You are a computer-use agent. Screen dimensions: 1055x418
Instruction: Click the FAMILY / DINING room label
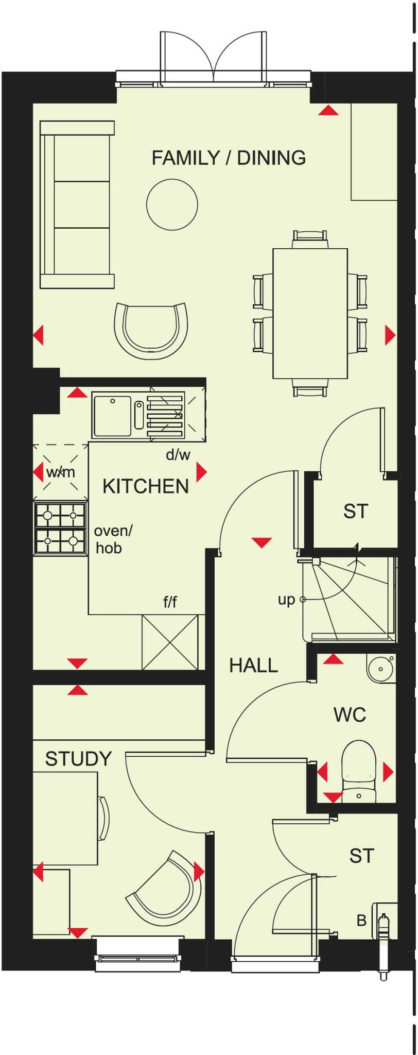[229, 158]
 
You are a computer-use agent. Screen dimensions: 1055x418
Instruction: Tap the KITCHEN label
[146, 486]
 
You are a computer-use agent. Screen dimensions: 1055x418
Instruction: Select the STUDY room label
[78, 759]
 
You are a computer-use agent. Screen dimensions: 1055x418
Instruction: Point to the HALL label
[253, 666]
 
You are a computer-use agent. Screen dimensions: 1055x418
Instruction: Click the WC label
[350, 714]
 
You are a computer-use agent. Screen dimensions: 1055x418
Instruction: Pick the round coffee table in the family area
[172, 205]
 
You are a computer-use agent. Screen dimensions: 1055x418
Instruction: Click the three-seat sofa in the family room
[77, 205]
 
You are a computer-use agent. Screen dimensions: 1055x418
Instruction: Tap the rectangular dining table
[310, 313]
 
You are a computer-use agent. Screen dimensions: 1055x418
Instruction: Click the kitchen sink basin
[112, 415]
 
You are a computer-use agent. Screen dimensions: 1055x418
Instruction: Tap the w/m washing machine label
[60, 471]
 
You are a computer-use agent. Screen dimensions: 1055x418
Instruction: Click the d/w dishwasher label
[178, 454]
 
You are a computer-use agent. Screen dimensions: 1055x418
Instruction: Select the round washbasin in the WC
[380, 669]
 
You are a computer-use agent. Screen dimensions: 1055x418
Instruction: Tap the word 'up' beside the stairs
[286, 600]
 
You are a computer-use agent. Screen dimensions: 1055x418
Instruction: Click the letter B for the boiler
[361, 920]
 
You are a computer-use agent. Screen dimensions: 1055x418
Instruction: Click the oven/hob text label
[113, 539]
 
